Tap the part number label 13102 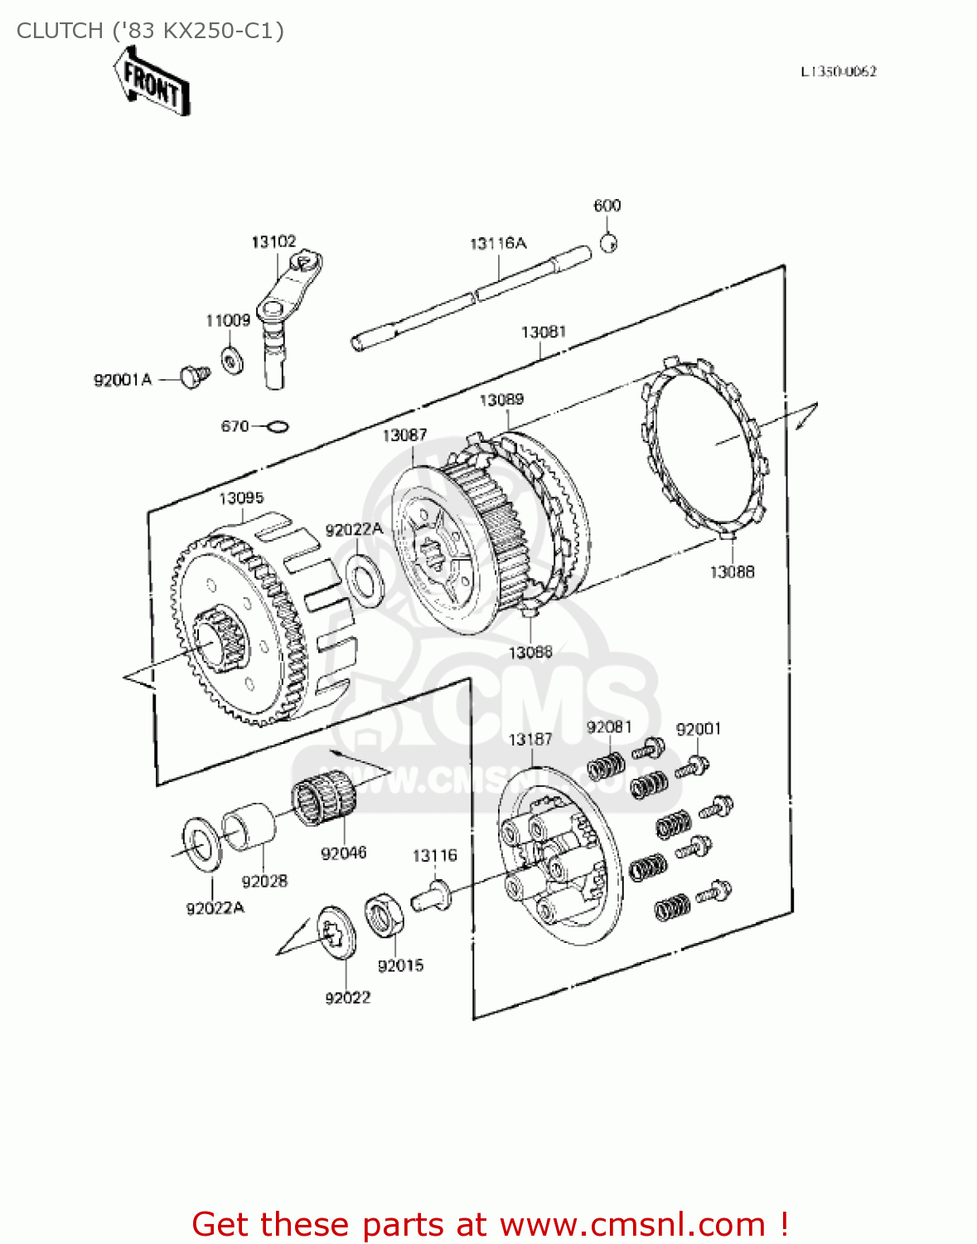click(x=273, y=241)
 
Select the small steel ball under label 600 click(x=608, y=244)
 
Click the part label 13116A click(x=498, y=243)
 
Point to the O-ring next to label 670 click(x=278, y=427)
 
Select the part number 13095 click(x=241, y=498)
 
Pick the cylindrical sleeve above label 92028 click(x=250, y=826)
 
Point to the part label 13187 click(x=530, y=739)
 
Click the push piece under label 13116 click(x=432, y=896)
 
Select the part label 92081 click(x=609, y=727)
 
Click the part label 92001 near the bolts click(x=699, y=729)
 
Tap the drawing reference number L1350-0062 click(x=839, y=71)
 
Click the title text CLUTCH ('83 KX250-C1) click(x=150, y=31)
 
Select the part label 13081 click(x=544, y=332)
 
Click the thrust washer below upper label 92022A click(x=364, y=579)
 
